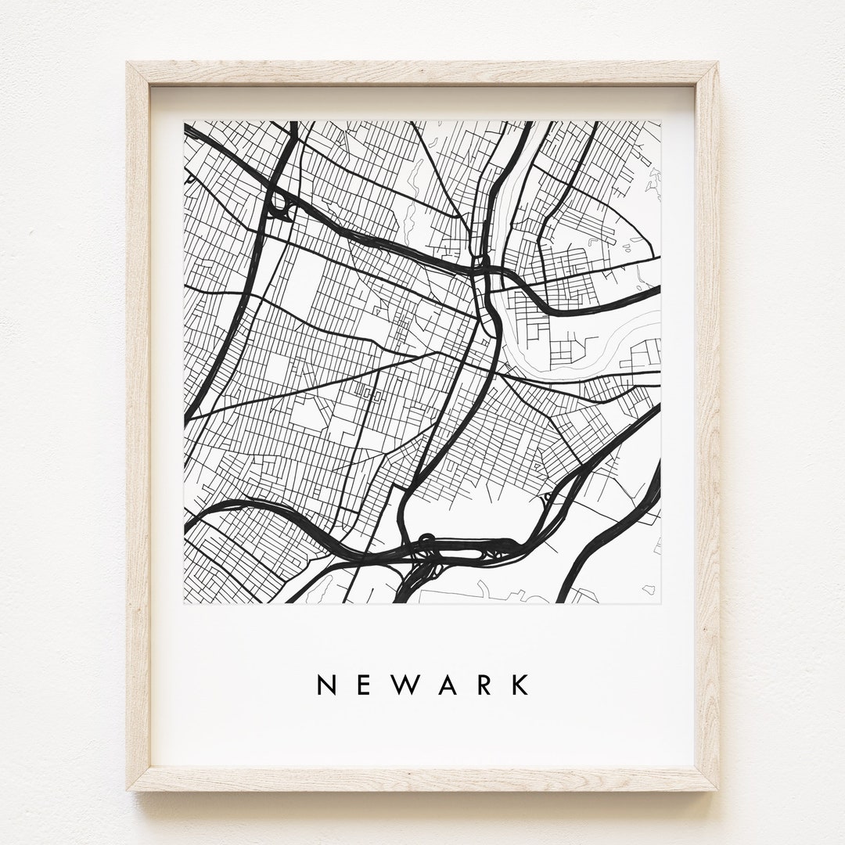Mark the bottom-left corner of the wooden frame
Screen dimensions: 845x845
tap(129, 789)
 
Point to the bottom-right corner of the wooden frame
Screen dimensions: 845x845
tap(717, 789)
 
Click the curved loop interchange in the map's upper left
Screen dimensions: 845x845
tap(279, 206)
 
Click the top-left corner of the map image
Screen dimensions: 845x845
tap(185, 121)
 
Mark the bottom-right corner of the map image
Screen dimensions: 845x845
tap(661, 603)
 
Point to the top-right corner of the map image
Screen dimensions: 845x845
tap(661, 121)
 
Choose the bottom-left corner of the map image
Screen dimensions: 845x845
tap(185, 603)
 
